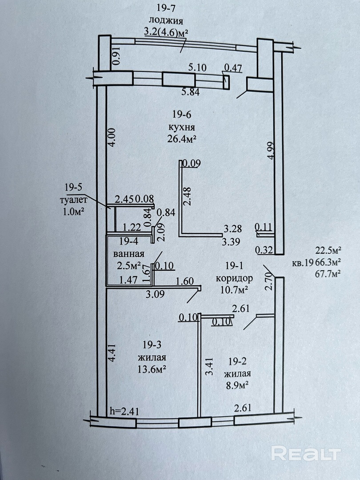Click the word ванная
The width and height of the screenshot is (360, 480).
[129, 254]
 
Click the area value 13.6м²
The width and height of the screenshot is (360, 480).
[152, 368]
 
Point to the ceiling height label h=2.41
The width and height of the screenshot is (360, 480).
[124, 412]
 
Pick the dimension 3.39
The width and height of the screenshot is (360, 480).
[232, 243]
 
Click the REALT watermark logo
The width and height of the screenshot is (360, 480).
[306, 453]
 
